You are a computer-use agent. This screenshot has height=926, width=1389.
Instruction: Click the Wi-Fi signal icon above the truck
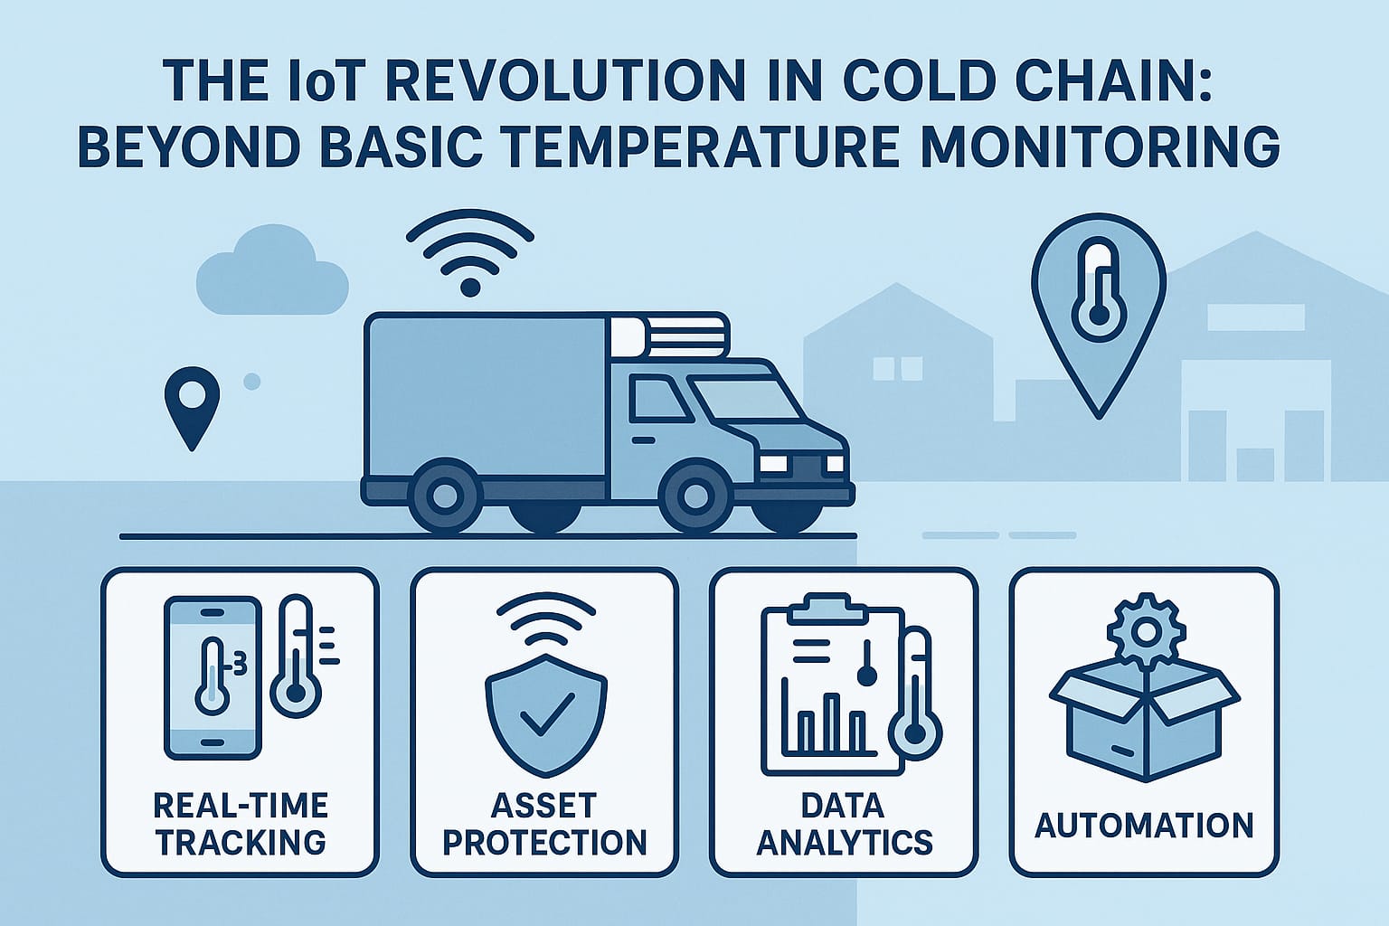(470, 251)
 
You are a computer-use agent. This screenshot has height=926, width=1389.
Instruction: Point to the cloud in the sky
(272, 271)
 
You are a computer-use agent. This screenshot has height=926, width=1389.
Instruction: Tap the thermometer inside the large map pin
(1098, 291)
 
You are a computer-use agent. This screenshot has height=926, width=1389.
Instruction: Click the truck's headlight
(773, 463)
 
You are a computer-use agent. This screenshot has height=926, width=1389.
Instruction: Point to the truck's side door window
(658, 398)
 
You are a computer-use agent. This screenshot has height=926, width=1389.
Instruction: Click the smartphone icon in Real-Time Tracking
(213, 678)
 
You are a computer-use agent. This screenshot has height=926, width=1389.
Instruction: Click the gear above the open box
(1146, 631)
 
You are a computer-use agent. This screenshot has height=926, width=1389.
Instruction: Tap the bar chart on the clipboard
(823, 716)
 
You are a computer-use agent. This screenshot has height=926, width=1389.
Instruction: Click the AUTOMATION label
(1145, 826)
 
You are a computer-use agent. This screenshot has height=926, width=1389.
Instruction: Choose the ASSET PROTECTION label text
(545, 825)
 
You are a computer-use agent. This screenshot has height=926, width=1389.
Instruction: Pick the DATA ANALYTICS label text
(845, 825)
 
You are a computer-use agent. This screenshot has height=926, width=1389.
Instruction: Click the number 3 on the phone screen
(240, 666)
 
